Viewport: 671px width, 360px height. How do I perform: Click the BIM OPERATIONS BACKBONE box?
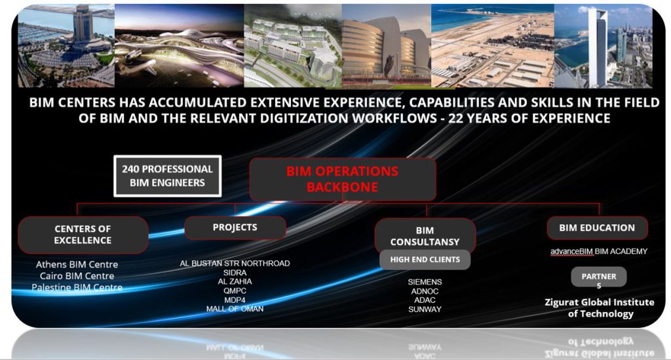click(x=342, y=180)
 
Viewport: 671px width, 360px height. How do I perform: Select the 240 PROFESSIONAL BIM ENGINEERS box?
click(x=167, y=176)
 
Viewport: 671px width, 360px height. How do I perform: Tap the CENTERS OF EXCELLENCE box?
click(x=83, y=235)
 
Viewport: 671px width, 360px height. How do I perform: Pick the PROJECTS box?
click(x=235, y=228)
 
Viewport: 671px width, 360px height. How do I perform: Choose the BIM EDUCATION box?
click(x=597, y=228)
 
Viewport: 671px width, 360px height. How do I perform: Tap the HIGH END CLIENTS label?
click(x=425, y=260)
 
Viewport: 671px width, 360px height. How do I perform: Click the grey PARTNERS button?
click(x=599, y=278)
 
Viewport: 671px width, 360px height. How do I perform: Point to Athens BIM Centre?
click(x=77, y=264)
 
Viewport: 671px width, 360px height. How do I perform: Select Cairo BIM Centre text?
click(x=77, y=276)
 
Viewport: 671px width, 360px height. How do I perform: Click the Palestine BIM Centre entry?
click(x=77, y=288)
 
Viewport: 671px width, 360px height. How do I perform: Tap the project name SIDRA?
click(x=235, y=273)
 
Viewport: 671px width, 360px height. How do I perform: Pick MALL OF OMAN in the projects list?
click(x=235, y=309)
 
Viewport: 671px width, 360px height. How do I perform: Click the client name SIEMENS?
click(x=425, y=282)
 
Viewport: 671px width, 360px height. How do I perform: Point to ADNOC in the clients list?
click(x=425, y=291)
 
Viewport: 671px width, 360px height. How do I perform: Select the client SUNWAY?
click(x=425, y=309)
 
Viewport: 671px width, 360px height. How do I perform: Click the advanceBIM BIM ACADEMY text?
click(x=599, y=251)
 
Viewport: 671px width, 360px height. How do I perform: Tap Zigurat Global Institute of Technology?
click(x=599, y=308)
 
